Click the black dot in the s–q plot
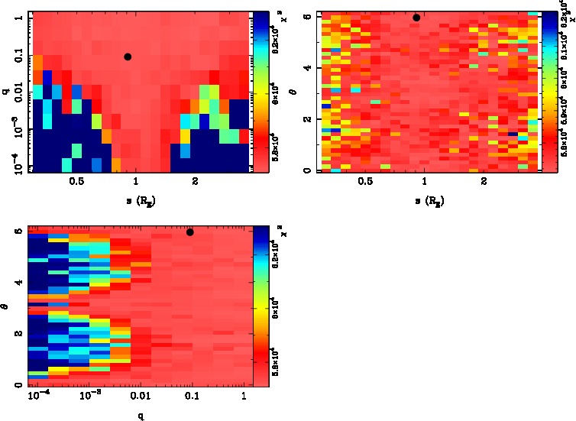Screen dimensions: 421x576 coord(128,57)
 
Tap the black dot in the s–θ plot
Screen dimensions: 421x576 coord(416,18)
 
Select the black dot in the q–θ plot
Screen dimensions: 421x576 coord(190,232)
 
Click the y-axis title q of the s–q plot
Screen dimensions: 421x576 coord(6,92)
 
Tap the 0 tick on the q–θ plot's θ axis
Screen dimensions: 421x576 coord(18,385)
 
